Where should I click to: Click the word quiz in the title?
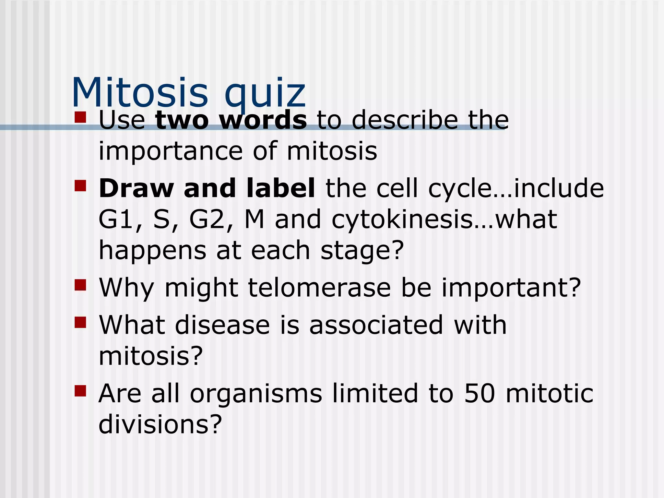pyautogui.click(x=265, y=94)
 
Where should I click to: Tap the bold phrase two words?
pyautogui.click(x=231, y=120)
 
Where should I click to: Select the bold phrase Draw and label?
pyautogui.click(x=207, y=188)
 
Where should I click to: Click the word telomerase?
pyautogui.click(x=319, y=288)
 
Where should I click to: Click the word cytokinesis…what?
pyautogui.click(x=444, y=219)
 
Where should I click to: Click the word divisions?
pyautogui.click(x=160, y=424)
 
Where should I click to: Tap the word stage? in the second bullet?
pyautogui.click(x=362, y=251)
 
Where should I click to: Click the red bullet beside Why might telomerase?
pyautogui.click(x=80, y=285)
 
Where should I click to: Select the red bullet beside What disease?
pyautogui.click(x=80, y=323)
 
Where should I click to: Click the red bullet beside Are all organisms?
pyautogui.click(x=80, y=391)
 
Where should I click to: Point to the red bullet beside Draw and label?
pyautogui.click(x=80, y=186)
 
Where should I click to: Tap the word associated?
pyautogui.click(x=376, y=325)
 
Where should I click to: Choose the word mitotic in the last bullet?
pyautogui.click(x=549, y=393)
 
